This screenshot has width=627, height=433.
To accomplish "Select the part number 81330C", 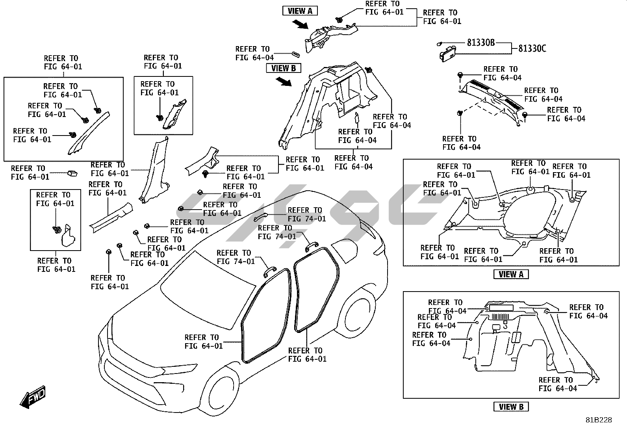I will (x=532, y=48).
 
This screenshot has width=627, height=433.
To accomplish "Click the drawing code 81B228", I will (x=598, y=420).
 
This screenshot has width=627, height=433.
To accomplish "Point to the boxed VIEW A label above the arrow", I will (x=300, y=11).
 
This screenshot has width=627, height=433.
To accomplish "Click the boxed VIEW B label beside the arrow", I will (x=283, y=68).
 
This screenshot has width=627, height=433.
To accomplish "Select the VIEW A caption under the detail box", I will (x=511, y=274).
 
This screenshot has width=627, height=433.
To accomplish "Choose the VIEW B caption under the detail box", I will (x=511, y=407).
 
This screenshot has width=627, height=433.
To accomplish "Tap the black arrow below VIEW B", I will (x=284, y=82).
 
